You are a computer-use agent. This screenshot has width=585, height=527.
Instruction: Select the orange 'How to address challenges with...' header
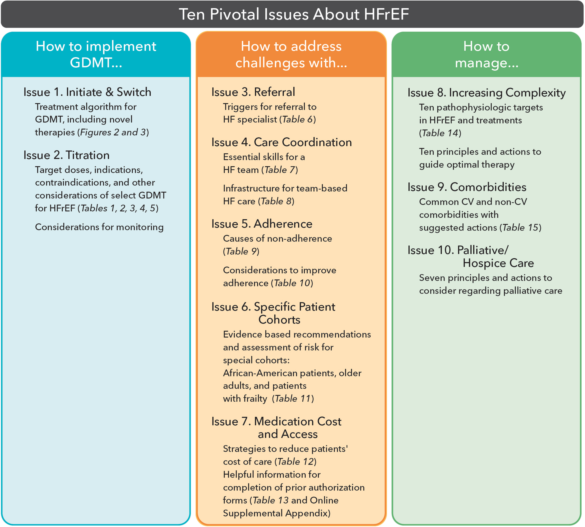(291, 54)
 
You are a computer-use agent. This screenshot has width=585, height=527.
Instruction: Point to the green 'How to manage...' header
(486, 54)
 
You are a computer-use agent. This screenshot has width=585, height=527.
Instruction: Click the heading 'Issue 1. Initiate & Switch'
(87, 92)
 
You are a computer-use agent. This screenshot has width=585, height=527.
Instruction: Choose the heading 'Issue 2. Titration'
(66, 155)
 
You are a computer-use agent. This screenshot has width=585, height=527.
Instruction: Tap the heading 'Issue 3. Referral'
(253, 92)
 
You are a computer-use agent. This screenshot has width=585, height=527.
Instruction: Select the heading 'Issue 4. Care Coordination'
(282, 142)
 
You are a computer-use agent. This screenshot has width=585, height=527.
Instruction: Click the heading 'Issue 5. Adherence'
(262, 224)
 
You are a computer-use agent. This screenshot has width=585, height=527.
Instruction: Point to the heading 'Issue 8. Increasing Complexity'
(486, 93)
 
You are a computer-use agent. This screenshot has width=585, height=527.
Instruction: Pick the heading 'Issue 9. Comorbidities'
(467, 187)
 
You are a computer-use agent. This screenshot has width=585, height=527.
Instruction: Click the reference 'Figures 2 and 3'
(113, 132)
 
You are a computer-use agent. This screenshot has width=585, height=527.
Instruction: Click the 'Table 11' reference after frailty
(293, 399)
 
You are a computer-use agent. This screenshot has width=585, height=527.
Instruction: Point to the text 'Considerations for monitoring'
(99, 227)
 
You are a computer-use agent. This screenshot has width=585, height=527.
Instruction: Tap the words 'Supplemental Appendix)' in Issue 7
(277, 513)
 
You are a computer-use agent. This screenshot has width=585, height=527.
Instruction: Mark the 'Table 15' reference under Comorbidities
(520, 228)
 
